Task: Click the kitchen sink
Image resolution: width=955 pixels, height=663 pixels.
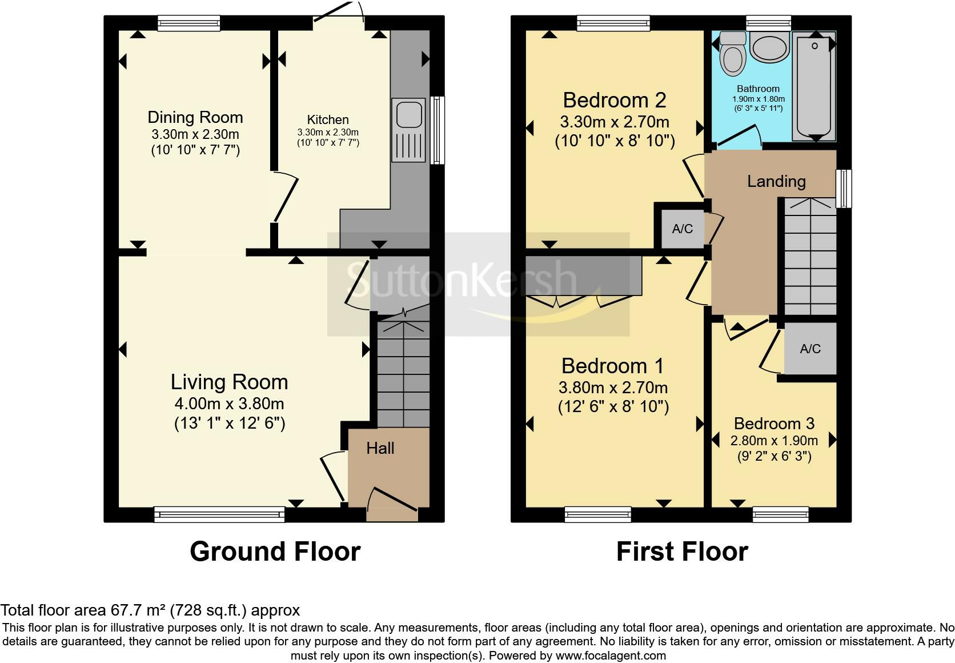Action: click(x=409, y=130)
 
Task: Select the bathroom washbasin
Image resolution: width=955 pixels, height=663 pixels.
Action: click(x=769, y=48)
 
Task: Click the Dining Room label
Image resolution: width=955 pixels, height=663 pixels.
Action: click(x=195, y=117)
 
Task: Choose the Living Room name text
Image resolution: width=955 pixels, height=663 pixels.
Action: click(x=230, y=382)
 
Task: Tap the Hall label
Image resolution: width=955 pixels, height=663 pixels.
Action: click(x=380, y=448)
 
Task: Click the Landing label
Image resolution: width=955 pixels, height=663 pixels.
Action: click(x=776, y=181)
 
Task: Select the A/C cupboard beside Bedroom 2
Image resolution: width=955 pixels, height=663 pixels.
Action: click(x=682, y=229)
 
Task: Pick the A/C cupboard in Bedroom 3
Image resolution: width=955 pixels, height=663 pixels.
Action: click(x=810, y=349)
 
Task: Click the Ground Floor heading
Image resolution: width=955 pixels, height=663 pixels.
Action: click(x=275, y=551)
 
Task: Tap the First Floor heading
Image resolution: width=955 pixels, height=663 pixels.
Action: click(x=682, y=551)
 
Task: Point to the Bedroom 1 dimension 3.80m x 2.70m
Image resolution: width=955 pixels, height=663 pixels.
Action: click(x=613, y=388)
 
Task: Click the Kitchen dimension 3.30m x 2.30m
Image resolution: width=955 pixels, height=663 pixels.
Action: click(x=328, y=132)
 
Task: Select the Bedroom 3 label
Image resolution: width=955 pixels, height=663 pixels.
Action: click(x=775, y=423)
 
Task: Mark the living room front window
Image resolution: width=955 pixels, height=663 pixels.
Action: click(x=219, y=514)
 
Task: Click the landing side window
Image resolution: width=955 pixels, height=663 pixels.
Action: click(x=844, y=189)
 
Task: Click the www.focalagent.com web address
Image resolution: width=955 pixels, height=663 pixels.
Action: click(x=611, y=656)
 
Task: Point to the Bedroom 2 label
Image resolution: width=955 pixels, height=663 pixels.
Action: click(x=615, y=100)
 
